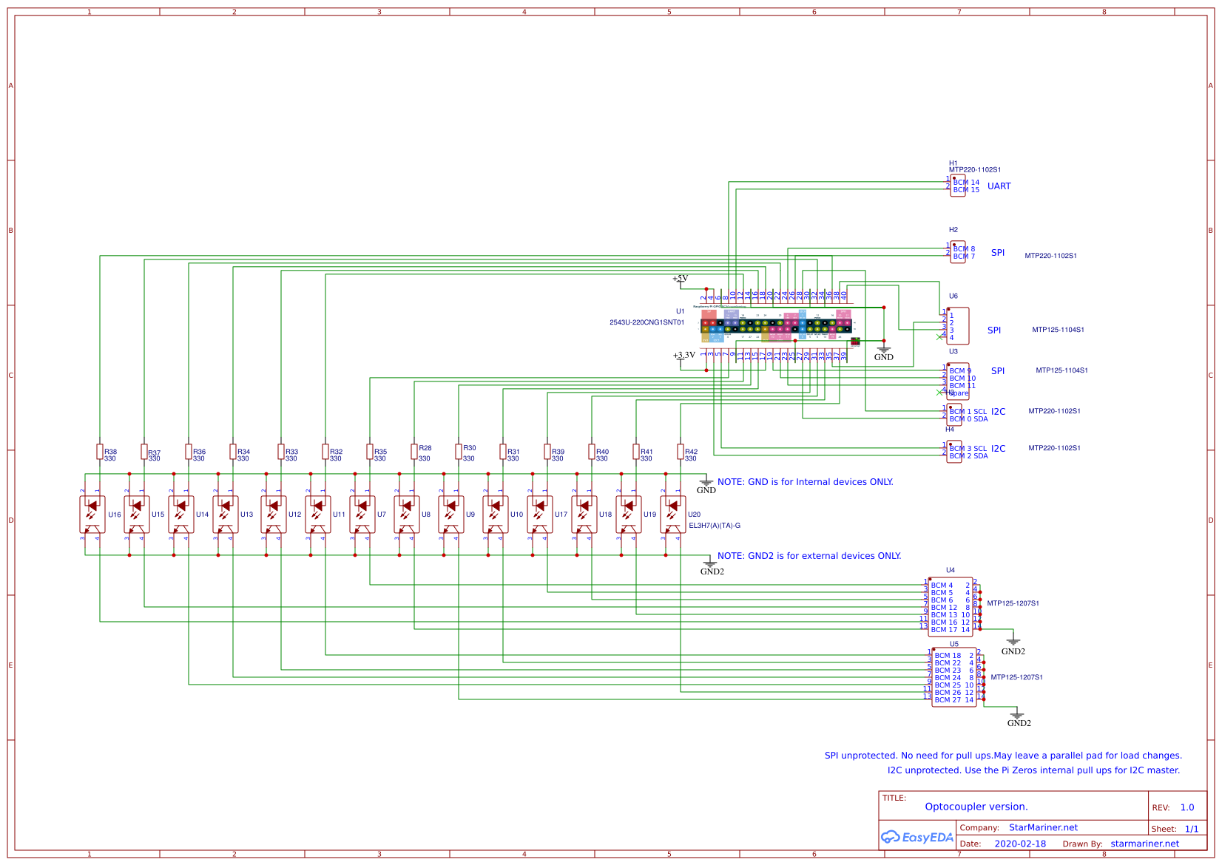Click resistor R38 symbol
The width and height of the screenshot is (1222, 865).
(x=100, y=452)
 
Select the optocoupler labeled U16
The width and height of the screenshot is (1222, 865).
(x=92, y=515)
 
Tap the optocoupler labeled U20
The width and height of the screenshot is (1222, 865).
(x=672, y=515)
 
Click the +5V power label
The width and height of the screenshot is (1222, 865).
(x=680, y=279)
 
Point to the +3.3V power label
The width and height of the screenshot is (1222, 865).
(x=683, y=356)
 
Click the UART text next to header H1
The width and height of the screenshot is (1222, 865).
(x=999, y=186)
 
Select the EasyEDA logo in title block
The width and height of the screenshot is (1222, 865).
(x=916, y=837)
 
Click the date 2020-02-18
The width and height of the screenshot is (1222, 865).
(x=1020, y=844)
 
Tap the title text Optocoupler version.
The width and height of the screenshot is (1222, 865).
(x=976, y=807)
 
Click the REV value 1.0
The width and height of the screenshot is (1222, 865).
(x=1187, y=807)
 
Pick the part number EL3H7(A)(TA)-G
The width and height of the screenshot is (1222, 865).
(x=714, y=526)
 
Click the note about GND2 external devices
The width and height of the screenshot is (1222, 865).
(x=809, y=556)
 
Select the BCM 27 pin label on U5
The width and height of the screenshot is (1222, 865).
(x=948, y=700)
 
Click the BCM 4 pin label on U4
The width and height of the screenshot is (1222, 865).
(x=942, y=586)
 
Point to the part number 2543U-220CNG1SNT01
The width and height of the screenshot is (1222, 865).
(x=647, y=322)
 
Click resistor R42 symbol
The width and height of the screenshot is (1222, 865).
(x=681, y=452)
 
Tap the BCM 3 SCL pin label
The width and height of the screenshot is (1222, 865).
(x=968, y=449)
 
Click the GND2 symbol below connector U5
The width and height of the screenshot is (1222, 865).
(x=1017, y=716)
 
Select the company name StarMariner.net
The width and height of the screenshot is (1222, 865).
(x=1043, y=827)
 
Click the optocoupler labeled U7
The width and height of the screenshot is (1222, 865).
(x=362, y=515)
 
